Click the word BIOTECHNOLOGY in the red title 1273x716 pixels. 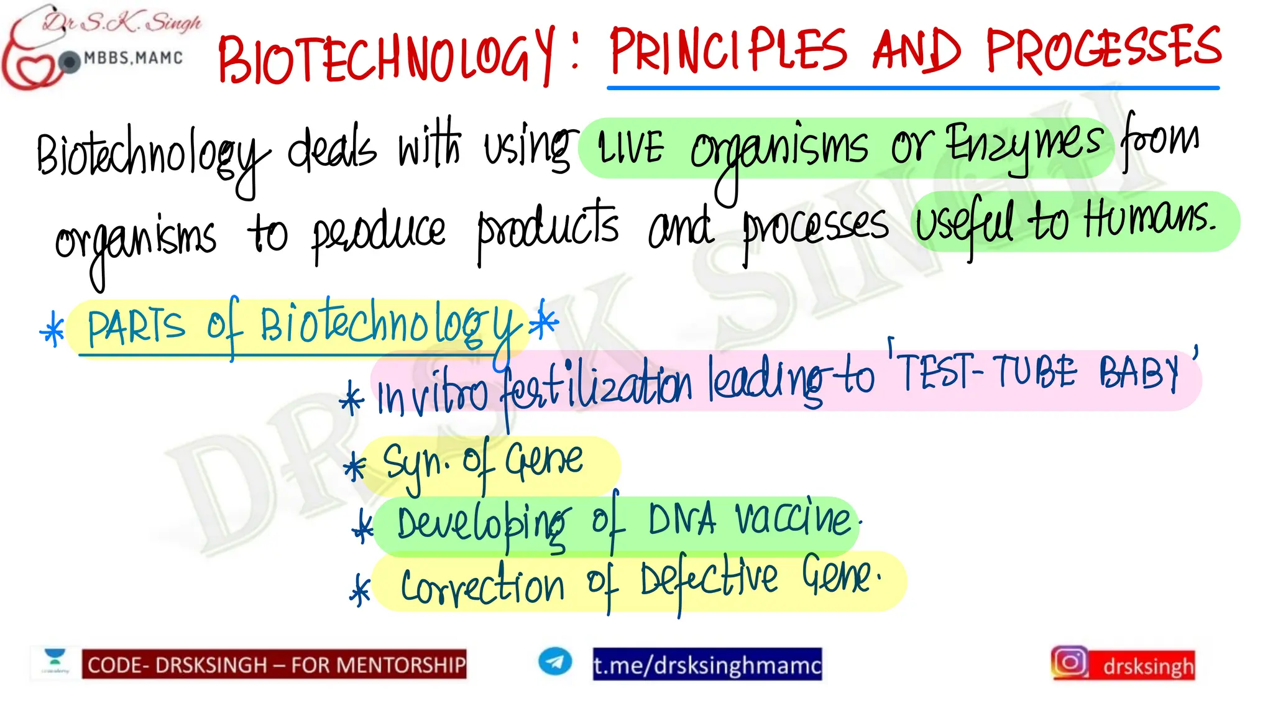[385, 56]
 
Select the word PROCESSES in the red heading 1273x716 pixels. [1104, 48]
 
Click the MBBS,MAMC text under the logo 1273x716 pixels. [134, 58]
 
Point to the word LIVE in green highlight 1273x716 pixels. [630, 149]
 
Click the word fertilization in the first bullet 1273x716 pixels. [597, 388]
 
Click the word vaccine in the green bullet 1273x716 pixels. [793, 518]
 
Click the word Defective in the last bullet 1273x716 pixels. [709, 581]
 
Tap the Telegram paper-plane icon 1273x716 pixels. [554, 661]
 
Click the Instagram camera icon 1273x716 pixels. [1070, 663]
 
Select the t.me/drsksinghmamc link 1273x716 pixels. [707, 665]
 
